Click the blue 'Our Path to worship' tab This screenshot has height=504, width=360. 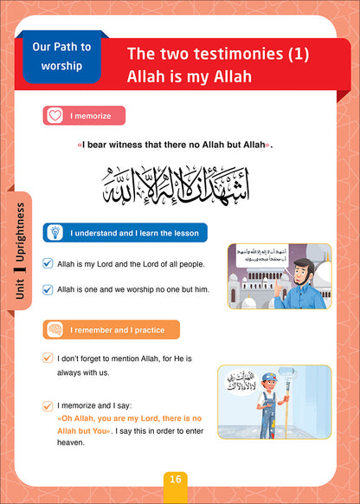(61, 56)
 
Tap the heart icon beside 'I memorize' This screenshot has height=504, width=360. (54, 114)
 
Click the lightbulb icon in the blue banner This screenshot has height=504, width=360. (54, 232)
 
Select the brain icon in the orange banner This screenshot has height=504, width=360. (54, 330)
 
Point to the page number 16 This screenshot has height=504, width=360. (177, 479)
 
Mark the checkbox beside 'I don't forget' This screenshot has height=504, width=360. (48, 358)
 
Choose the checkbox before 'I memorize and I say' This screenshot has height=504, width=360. (48, 404)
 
